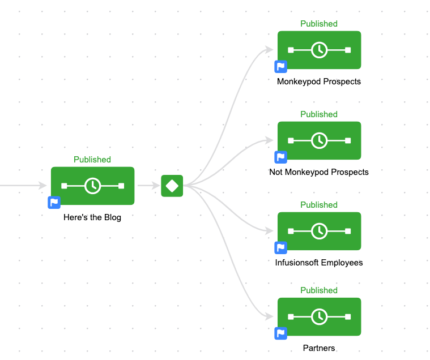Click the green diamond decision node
(172, 186)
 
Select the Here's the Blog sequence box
(92, 186)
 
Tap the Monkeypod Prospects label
(318, 82)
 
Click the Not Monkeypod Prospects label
(318, 172)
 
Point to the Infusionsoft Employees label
(318, 263)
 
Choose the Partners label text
(318, 348)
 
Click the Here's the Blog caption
(92, 217)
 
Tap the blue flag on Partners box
(281, 333)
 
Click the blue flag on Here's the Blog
(54, 203)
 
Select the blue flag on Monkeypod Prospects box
(281, 67)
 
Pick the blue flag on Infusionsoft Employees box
(281, 248)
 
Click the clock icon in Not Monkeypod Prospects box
(319, 140)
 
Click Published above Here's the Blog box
(92, 160)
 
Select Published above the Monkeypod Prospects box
(318, 24)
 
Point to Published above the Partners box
(318, 290)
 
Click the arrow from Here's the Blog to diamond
(147, 186)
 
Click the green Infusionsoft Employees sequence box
(319, 231)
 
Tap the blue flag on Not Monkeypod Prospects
(281, 157)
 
